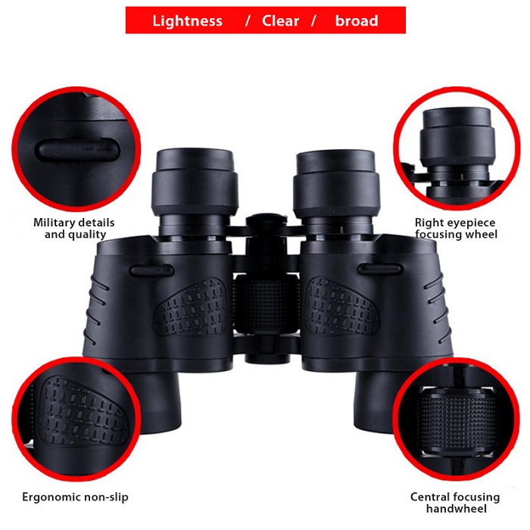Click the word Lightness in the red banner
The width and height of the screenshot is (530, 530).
point(187,20)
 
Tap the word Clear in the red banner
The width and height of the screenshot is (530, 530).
point(281,20)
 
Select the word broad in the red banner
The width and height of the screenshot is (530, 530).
point(356,20)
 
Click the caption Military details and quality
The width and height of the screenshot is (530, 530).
point(74,228)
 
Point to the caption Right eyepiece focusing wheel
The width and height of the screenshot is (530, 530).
point(456,228)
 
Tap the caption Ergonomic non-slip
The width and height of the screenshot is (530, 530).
point(75,497)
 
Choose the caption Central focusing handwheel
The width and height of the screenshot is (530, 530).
point(455,503)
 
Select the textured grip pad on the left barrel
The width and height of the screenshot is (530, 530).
point(190,307)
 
